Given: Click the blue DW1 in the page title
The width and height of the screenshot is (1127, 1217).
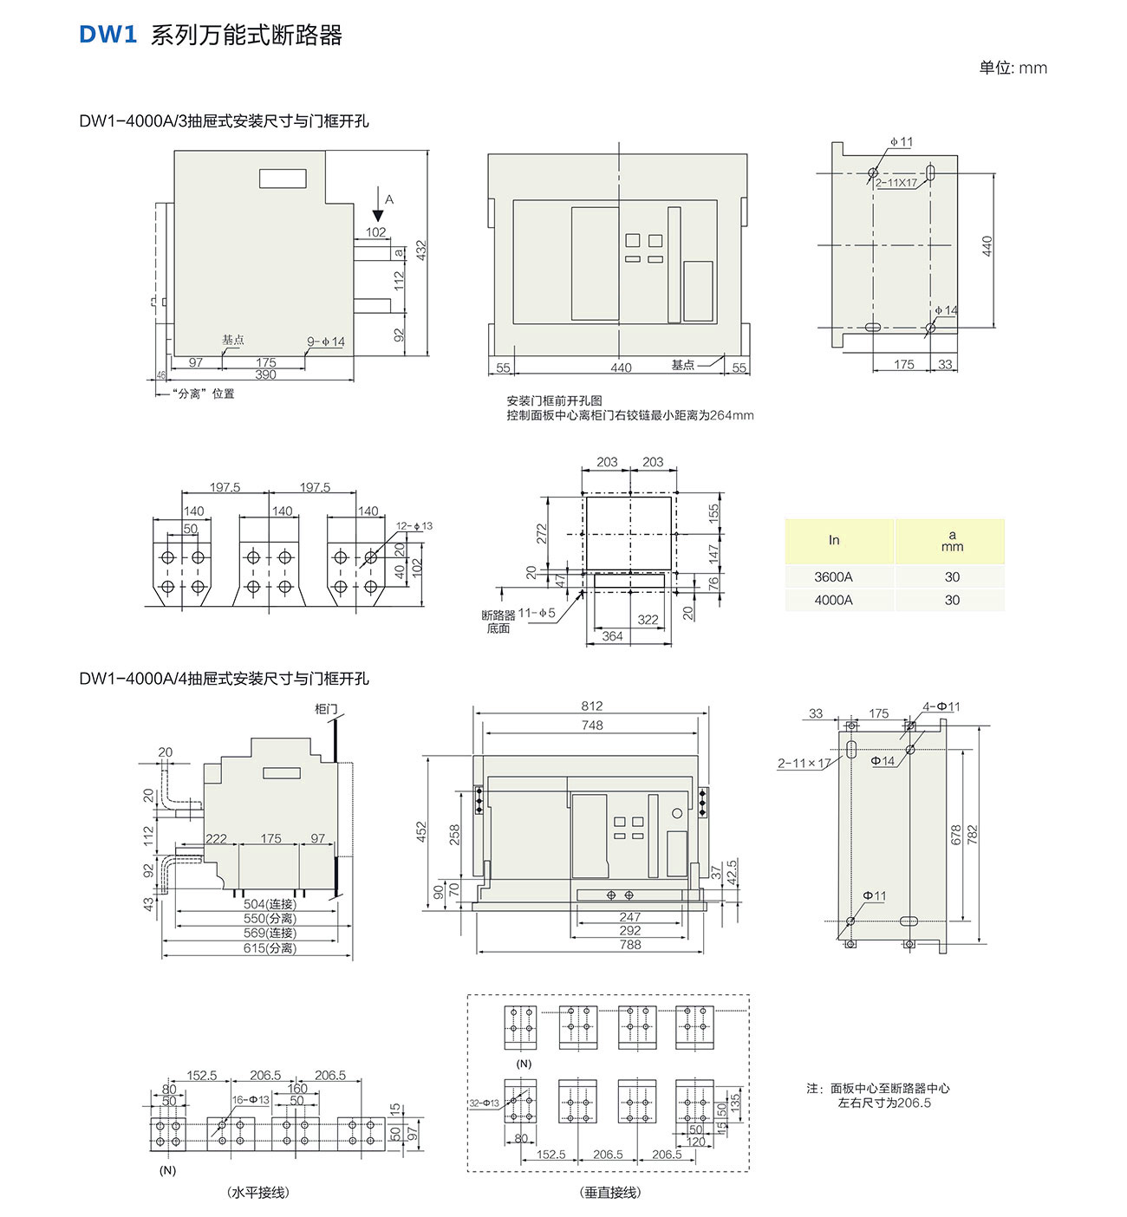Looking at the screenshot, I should (108, 35).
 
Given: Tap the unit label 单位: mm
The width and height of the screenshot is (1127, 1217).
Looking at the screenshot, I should (1013, 68).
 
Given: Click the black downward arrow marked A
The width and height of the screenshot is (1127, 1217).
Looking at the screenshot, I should (378, 212).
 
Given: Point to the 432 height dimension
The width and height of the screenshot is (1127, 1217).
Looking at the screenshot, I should (421, 251).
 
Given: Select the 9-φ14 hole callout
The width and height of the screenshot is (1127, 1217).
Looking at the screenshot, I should (326, 342).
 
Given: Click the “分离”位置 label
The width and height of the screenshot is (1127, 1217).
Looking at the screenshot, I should (204, 394).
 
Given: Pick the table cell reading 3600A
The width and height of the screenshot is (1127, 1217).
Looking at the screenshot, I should (833, 576).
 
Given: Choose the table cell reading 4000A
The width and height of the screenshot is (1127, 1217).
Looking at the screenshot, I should (833, 600).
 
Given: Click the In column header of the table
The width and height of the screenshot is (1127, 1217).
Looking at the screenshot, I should (834, 540).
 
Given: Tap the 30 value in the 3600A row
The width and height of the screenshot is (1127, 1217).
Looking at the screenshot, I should (952, 576).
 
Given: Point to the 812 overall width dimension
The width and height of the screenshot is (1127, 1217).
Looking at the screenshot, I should (592, 706).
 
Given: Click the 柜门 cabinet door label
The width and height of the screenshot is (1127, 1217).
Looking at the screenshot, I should (326, 709).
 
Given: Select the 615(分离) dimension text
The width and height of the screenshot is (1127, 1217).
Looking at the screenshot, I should (270, 948).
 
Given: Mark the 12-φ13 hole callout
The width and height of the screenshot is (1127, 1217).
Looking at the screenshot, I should (414, 526).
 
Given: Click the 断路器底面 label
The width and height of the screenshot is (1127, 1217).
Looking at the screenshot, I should (498, 622).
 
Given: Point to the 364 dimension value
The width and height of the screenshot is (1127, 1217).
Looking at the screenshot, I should (612, 636).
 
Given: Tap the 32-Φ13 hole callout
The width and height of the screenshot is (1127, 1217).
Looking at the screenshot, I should (485, 1103).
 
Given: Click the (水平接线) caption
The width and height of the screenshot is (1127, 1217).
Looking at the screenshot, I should (258, 1193).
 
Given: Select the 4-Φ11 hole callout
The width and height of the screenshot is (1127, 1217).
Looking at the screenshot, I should (941, 706).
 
